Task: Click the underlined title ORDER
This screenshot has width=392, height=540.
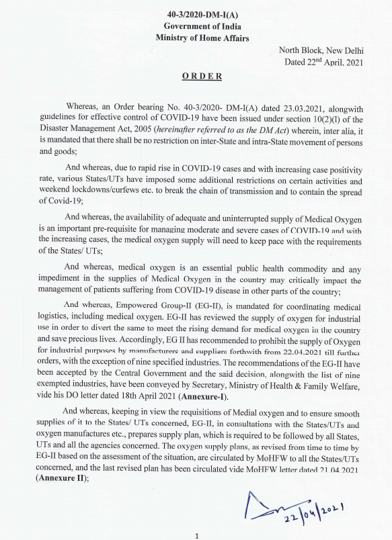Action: click(202, 76)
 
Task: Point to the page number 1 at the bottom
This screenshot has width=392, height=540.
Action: click(196, 535)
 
